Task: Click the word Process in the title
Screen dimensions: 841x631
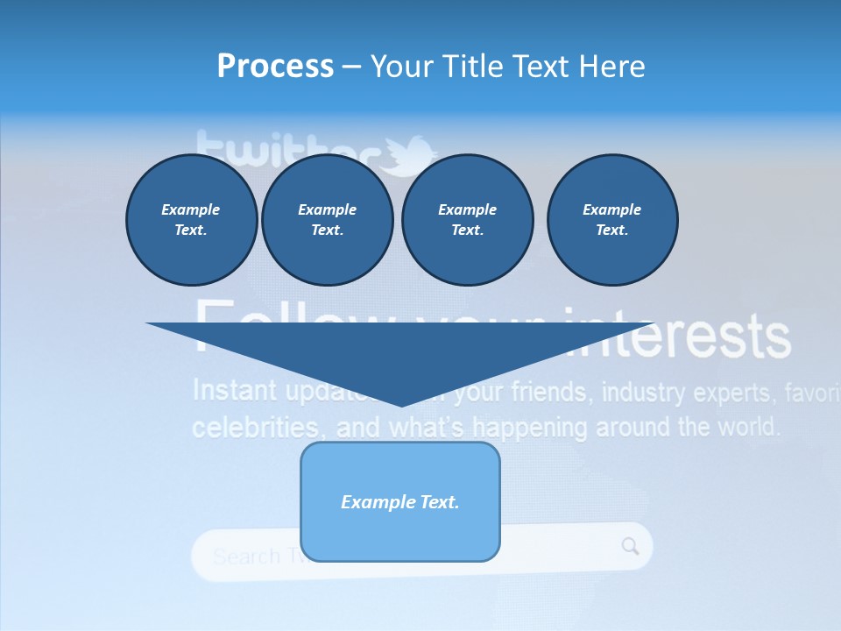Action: click(275, 67)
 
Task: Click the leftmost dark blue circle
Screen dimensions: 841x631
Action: click(192, 220)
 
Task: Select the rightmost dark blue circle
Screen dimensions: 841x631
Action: click(612, 220)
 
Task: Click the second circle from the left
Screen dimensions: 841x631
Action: click(328, 220)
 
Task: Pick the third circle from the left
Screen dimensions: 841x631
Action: click(468, 220)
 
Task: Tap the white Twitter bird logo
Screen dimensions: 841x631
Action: click(406, 154)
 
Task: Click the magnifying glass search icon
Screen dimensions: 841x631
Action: click(631, 547)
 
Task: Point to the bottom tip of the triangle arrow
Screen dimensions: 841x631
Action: click(401, 405)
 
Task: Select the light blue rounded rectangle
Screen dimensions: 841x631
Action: click(400, 501)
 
